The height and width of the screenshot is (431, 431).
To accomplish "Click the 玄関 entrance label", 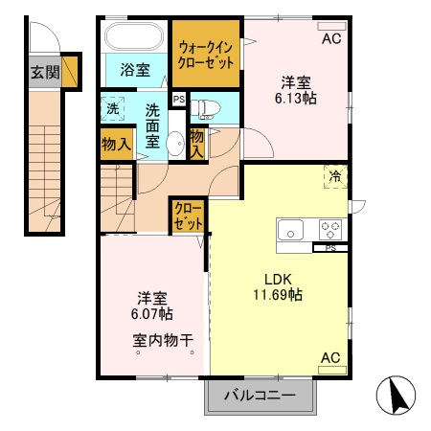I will pos(43,72).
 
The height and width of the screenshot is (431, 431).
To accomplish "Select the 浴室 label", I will pos(135,70).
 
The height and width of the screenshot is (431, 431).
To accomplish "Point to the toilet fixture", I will pos(206,105).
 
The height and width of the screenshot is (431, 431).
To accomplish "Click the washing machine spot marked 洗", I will pos(113,107).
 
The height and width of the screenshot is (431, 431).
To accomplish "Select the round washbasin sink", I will pos(174,145).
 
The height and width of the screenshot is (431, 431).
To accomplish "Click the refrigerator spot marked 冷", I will pos(335,176).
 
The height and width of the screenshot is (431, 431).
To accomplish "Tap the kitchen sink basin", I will pos(290,230).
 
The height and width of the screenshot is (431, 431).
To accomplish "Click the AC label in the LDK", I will pos(330,358).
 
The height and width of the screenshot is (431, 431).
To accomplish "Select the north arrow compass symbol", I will pos(396,394).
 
